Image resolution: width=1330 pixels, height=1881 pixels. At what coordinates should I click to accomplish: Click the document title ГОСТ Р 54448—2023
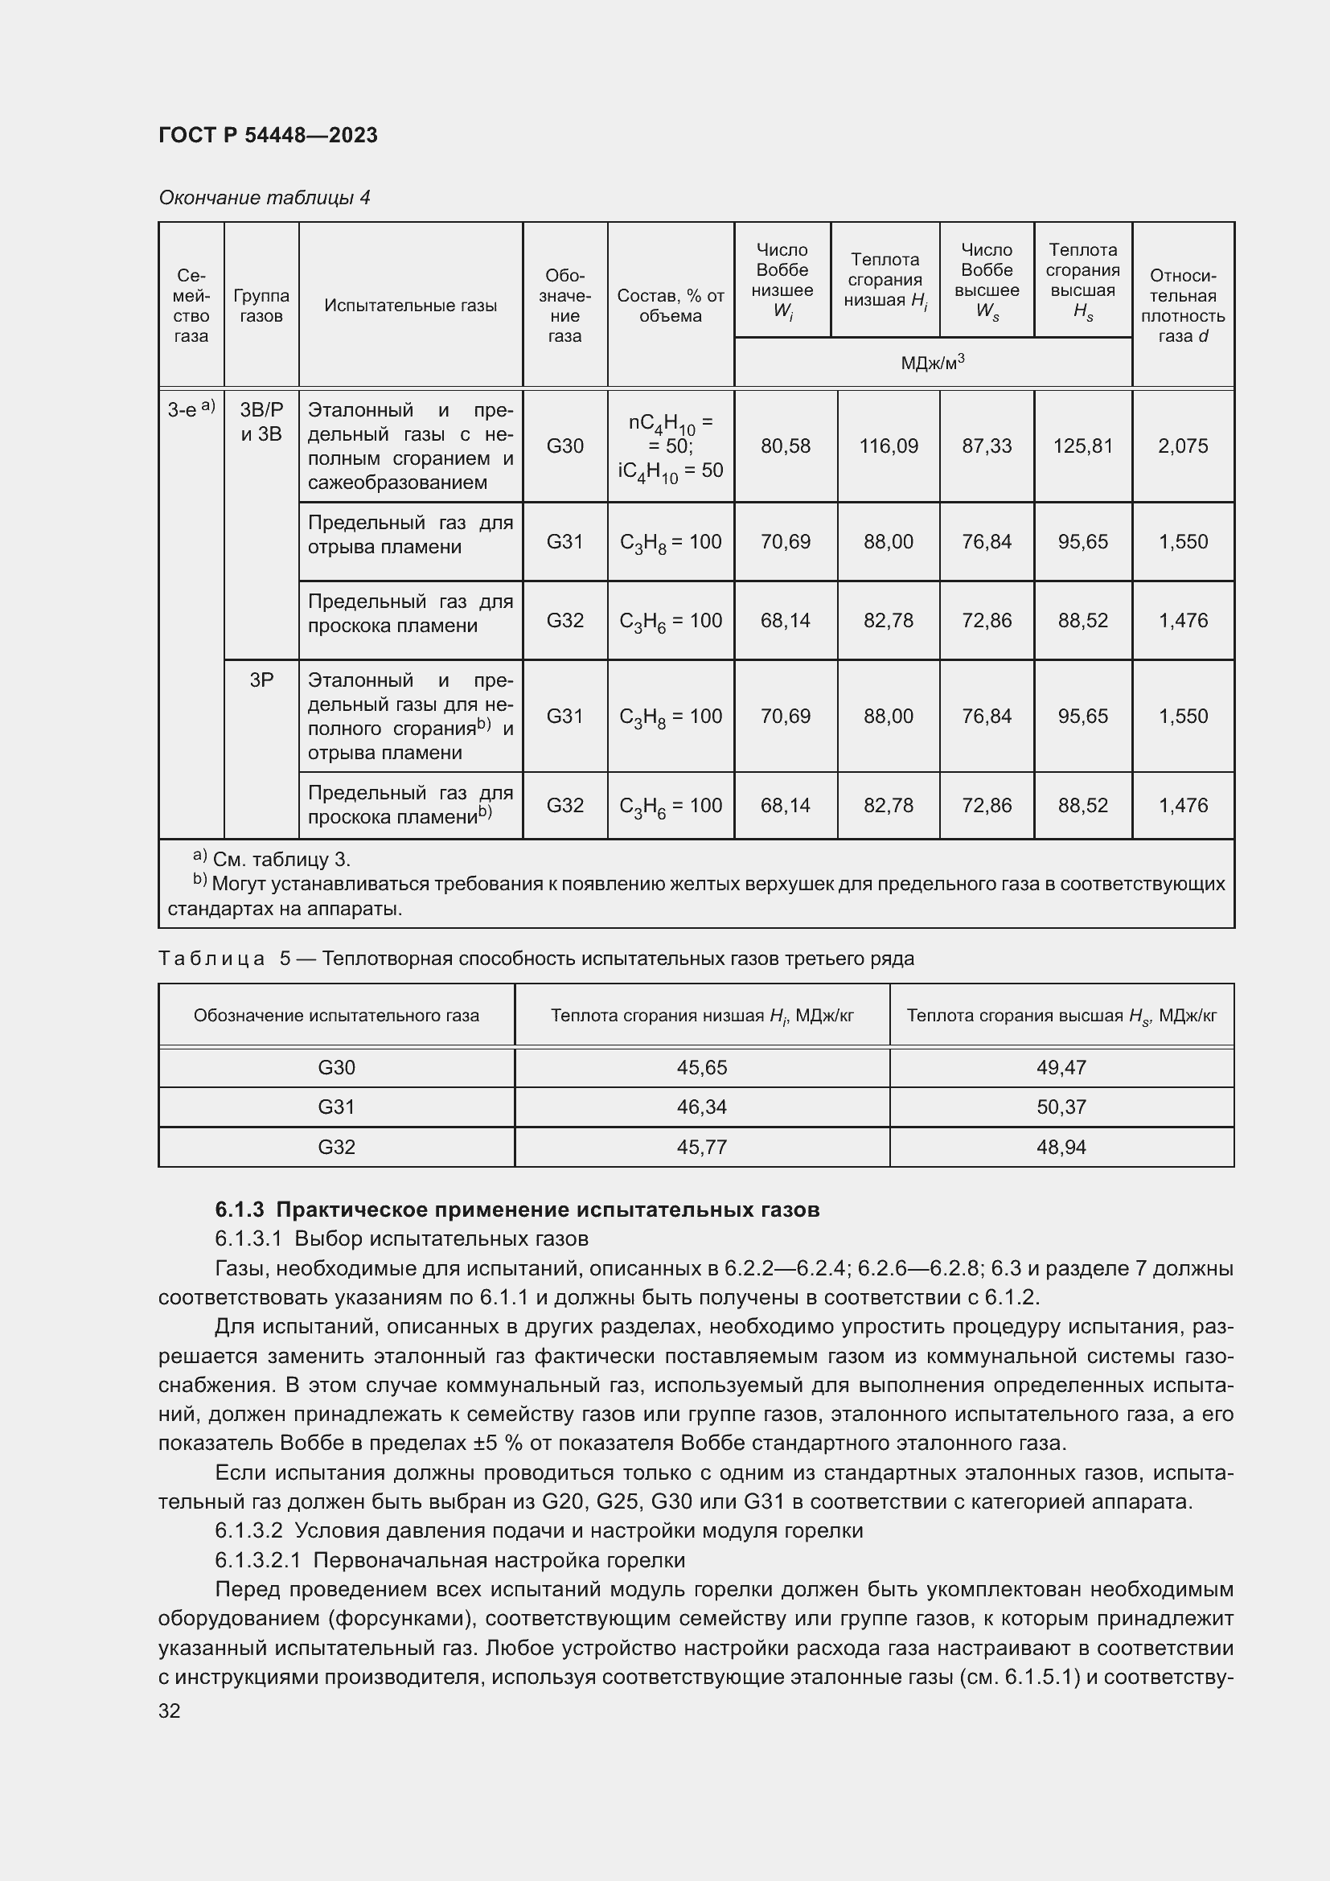coord(268,135)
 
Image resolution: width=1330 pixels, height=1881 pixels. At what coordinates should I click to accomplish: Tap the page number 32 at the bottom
coord(170,1711)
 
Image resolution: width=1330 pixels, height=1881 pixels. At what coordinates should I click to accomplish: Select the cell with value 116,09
coord(888,446)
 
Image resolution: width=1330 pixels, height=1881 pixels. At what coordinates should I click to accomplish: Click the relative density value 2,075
coord(1183,446)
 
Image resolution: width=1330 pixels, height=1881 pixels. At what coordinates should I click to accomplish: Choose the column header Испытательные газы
coord(410,306)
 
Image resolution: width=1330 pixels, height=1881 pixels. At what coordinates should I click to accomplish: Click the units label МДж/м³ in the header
coord(932,362)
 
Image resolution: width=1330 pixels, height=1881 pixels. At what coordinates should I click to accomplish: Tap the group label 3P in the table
coord(261,680)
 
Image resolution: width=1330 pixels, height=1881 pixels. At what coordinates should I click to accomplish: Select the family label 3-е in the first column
coord(191,409)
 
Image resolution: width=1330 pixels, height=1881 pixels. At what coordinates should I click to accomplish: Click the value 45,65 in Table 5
coord(702,1067)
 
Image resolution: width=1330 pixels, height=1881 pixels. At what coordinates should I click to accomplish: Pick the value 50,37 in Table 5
coord(1061,1107)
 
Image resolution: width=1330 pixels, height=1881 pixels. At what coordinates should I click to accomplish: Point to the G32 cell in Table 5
coord(336,1147)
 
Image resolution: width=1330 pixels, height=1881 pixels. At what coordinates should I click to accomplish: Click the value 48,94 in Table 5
coord(1061,1147)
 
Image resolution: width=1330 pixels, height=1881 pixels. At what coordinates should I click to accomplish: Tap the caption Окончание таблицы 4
coord(265,198)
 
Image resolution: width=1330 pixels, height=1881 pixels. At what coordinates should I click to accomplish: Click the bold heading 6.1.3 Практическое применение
coord(517,1210)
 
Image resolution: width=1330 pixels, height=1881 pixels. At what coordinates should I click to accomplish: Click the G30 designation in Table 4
coord(564,446)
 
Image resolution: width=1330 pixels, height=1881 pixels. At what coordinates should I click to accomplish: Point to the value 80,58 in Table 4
coord(785,446)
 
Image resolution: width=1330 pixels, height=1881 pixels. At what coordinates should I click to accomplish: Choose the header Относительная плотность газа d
coord(1183,306)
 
